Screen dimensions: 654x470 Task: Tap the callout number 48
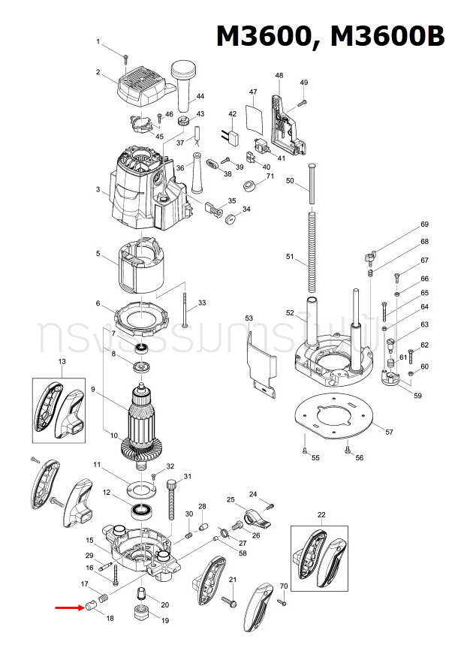(279, 76)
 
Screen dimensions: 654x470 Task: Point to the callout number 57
(388, 432)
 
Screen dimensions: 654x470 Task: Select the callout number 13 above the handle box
(62, 362)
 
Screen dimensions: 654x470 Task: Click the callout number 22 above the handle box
(321, 514)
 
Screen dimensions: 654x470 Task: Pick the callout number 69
(424, 225)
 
